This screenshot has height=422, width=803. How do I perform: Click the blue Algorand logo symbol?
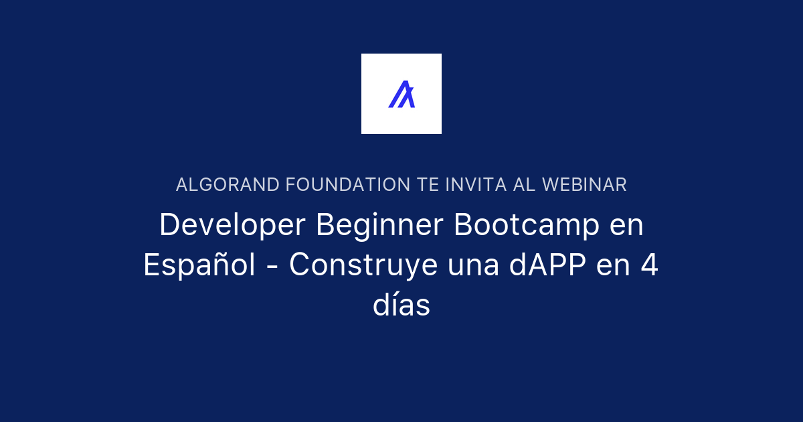pos(401,94)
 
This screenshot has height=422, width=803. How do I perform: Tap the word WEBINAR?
pos(584,185)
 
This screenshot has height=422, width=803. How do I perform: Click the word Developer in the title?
pos(234,226)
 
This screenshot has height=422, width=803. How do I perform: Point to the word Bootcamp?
pos(527,225)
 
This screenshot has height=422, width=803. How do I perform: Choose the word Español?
pos(199,266)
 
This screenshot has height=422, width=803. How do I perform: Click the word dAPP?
pos(548,266)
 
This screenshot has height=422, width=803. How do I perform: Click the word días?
pos(401,306)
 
